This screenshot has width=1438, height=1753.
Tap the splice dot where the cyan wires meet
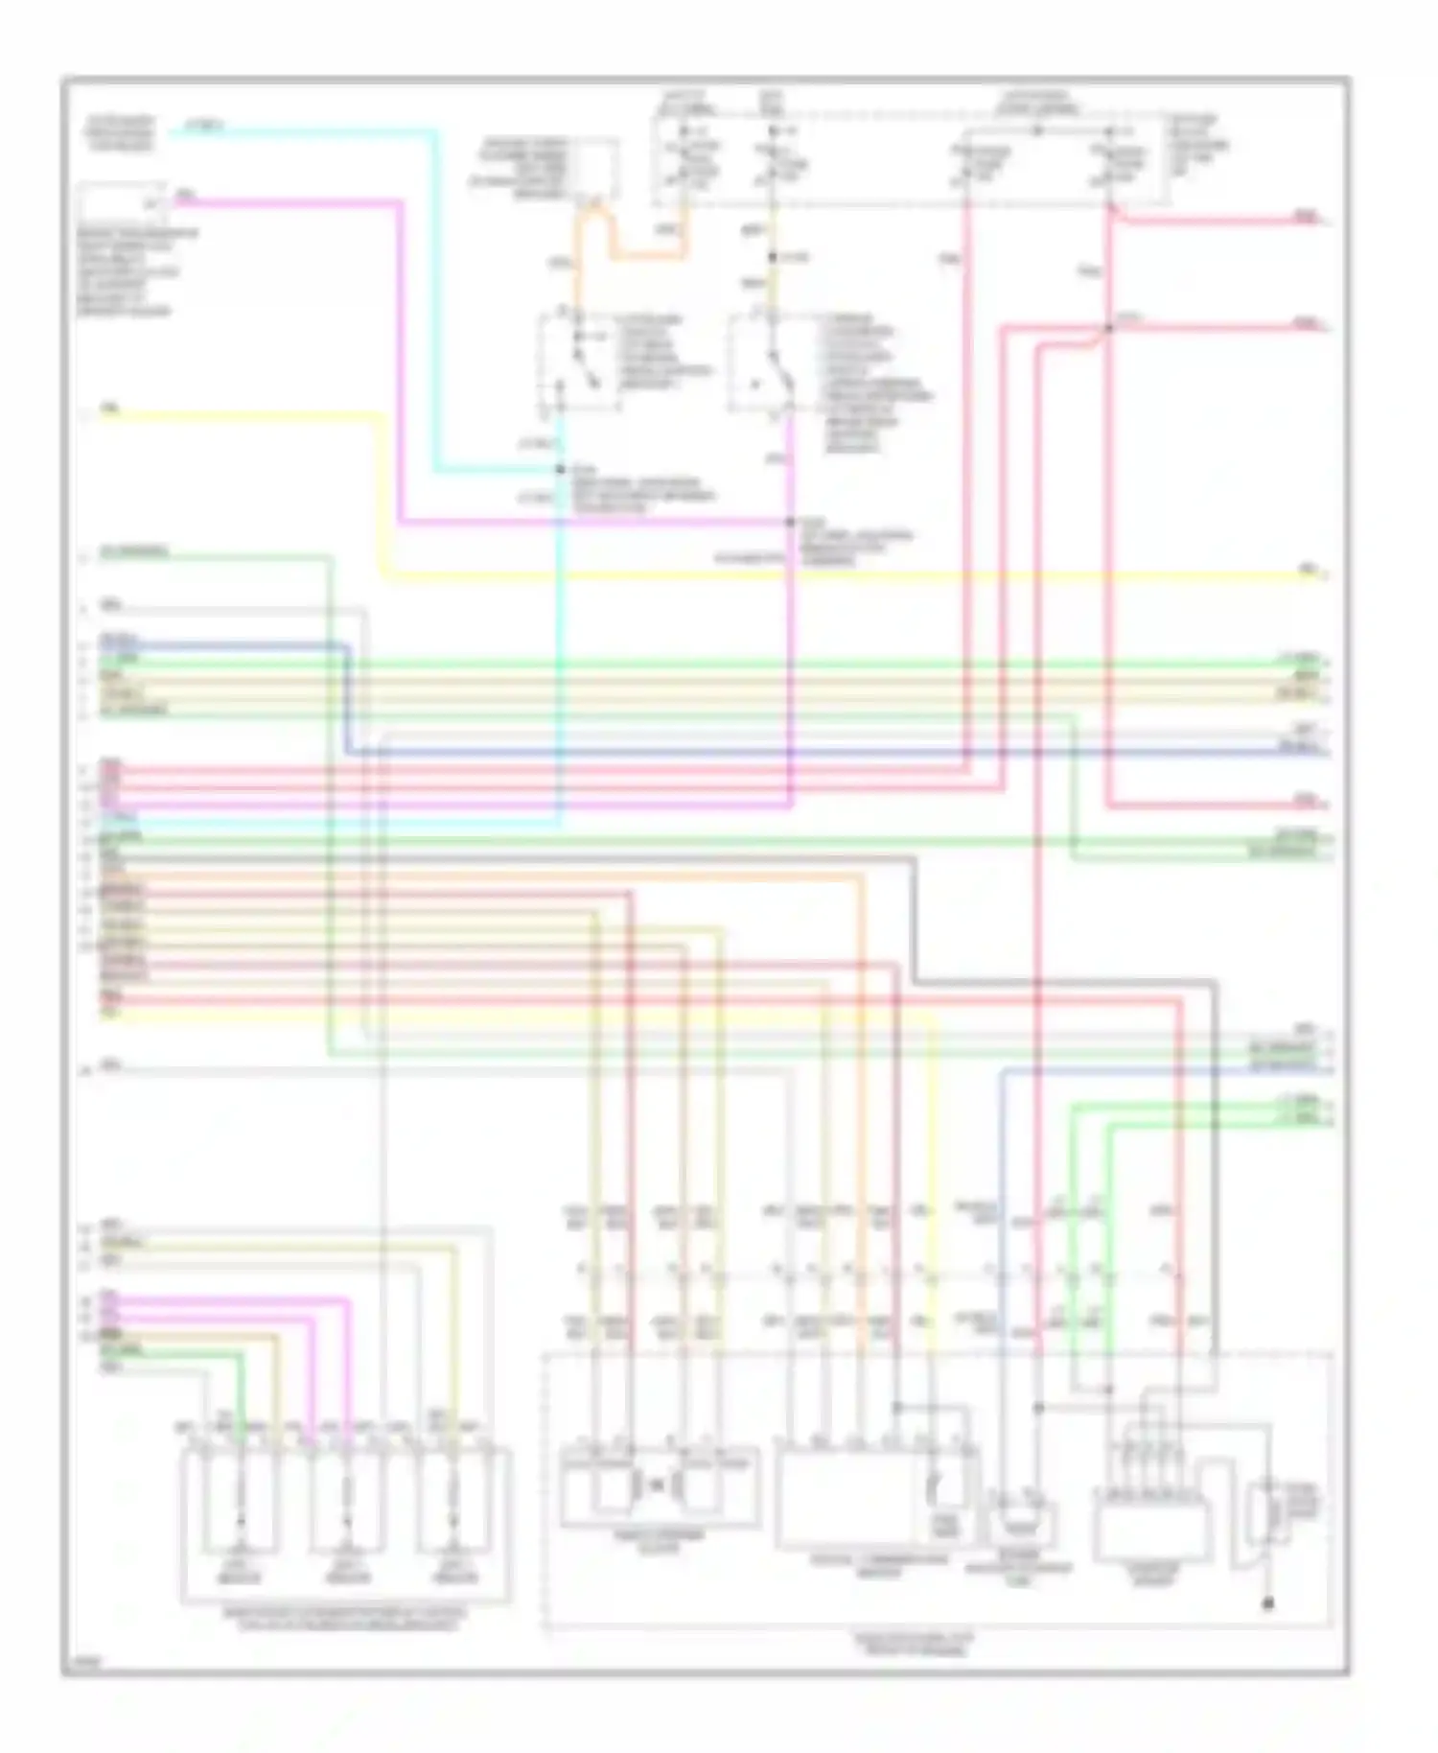click(561, 470)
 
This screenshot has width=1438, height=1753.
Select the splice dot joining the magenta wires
click(790, 523)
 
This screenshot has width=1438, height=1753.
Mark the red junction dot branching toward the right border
click(1108, 328)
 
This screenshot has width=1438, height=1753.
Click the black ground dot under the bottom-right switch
click(1268, 1602)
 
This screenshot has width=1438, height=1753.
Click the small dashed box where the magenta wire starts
click(123, 203)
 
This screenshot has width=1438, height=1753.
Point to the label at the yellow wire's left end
click(110, 409)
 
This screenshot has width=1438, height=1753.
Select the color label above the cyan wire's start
click(203, 125)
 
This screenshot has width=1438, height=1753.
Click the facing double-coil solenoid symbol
click(658, 1486)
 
